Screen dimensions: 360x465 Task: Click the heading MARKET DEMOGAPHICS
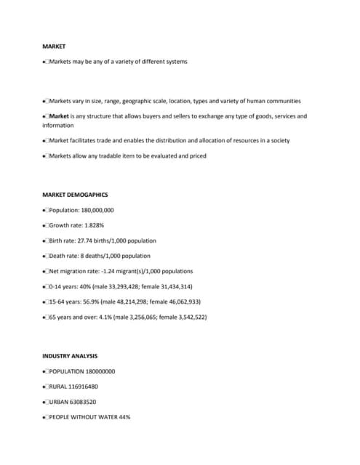coord(75,195)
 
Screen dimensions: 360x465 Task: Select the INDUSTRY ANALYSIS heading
coord(70,356)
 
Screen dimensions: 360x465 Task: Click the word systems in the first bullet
coord(175,61)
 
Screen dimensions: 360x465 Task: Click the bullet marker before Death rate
coord(45,256)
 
